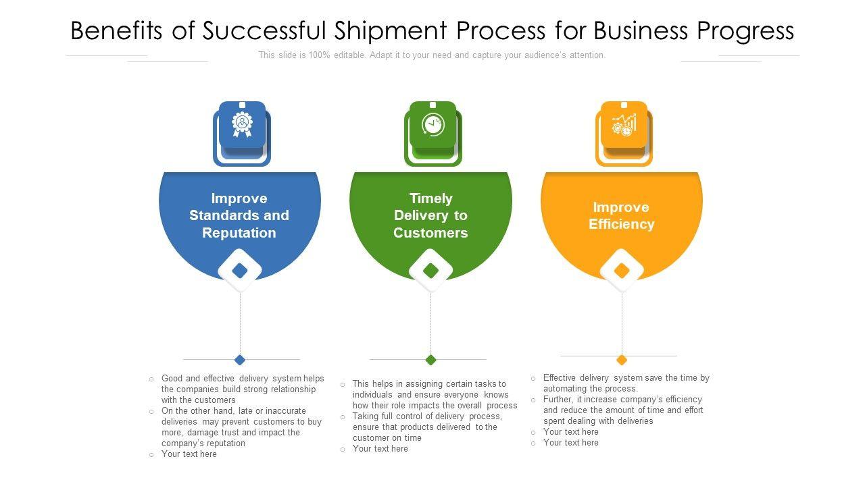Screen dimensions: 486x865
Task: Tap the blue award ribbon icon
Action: [242, 124]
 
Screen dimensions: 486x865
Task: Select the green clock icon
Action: [432, 124]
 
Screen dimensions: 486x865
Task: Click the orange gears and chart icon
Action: [624, 124]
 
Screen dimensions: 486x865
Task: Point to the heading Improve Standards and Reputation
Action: [239, 215]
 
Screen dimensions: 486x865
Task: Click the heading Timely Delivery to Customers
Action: [430, 215]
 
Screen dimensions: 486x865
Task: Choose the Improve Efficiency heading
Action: [621, 215]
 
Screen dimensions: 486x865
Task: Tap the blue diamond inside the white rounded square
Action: [240, 271]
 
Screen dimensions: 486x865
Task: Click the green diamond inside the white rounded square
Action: [430, 271]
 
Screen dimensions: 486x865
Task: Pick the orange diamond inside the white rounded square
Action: [622, 271]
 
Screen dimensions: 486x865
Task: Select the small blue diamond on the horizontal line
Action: [239, 360]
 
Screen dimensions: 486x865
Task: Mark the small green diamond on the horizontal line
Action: [430, 360]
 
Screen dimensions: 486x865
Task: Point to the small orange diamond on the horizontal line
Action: [622, 360]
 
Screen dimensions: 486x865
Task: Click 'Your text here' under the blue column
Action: [189, 454]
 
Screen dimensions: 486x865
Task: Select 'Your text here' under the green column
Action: [380, 449]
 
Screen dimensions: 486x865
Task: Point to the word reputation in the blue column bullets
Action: [223, 443]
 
